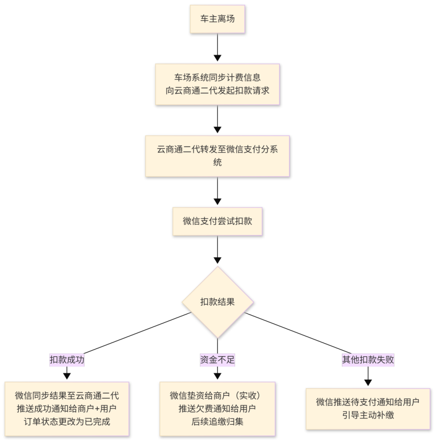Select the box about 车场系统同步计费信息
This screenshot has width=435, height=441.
217,83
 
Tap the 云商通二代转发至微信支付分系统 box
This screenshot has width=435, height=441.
217,156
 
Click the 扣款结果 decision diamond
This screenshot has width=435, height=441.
217,302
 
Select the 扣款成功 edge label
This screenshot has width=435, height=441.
67,360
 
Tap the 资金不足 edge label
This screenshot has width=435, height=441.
217,360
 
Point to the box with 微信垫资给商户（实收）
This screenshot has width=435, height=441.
217,409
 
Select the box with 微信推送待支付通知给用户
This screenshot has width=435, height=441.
368,409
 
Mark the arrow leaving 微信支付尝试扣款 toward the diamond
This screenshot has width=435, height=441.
217,250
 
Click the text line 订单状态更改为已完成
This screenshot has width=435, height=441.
67,422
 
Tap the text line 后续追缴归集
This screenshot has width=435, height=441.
217,422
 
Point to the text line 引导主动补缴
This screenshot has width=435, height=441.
368,415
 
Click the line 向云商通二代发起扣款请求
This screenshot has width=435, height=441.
217,90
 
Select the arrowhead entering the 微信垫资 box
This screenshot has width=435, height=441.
217,377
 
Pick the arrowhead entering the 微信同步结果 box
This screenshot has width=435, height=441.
67,377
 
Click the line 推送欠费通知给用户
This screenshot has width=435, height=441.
217,409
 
